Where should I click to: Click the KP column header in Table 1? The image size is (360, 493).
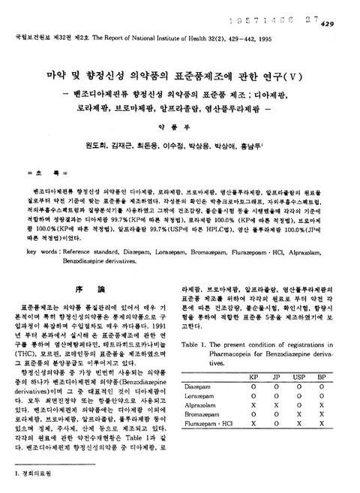point(253,374)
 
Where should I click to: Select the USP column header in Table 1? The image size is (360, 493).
point(299,374)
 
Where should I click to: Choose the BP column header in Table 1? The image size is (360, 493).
point(322,374)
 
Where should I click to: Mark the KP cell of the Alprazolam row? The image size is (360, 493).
point(253,404)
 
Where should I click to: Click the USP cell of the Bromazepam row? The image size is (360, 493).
point(299,413)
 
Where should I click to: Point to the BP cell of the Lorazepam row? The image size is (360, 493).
point(322,395)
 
